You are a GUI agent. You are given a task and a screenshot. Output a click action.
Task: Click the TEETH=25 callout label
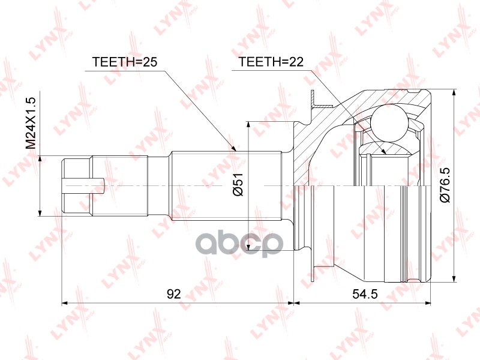point(124,62)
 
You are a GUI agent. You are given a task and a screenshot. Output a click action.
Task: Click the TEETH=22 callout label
point(271,62)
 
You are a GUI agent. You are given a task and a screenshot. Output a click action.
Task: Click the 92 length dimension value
point(174,293)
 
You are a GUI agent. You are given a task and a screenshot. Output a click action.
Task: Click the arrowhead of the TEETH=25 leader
point(236,148)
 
